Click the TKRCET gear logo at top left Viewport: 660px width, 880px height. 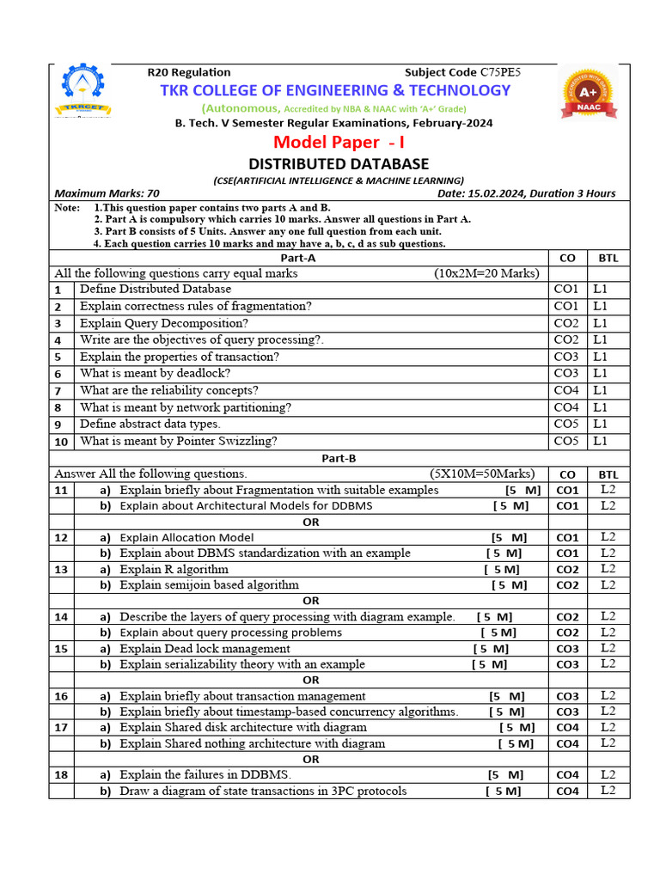(82, 93)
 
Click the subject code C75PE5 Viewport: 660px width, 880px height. (501, 72)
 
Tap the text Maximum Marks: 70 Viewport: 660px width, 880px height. (107, 193)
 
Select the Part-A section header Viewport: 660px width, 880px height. (298, 257)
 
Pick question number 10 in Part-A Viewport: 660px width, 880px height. (60, 442)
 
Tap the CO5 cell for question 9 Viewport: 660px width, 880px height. (566, 424)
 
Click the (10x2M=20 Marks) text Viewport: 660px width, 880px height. (486, 273)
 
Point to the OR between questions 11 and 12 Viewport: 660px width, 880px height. (311, 522)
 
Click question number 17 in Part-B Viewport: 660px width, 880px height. (60, 728)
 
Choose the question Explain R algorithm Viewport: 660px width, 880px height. (174, 569)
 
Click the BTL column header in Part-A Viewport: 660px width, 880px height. (608, 258)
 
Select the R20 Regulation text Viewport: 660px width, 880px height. (189, 72)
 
